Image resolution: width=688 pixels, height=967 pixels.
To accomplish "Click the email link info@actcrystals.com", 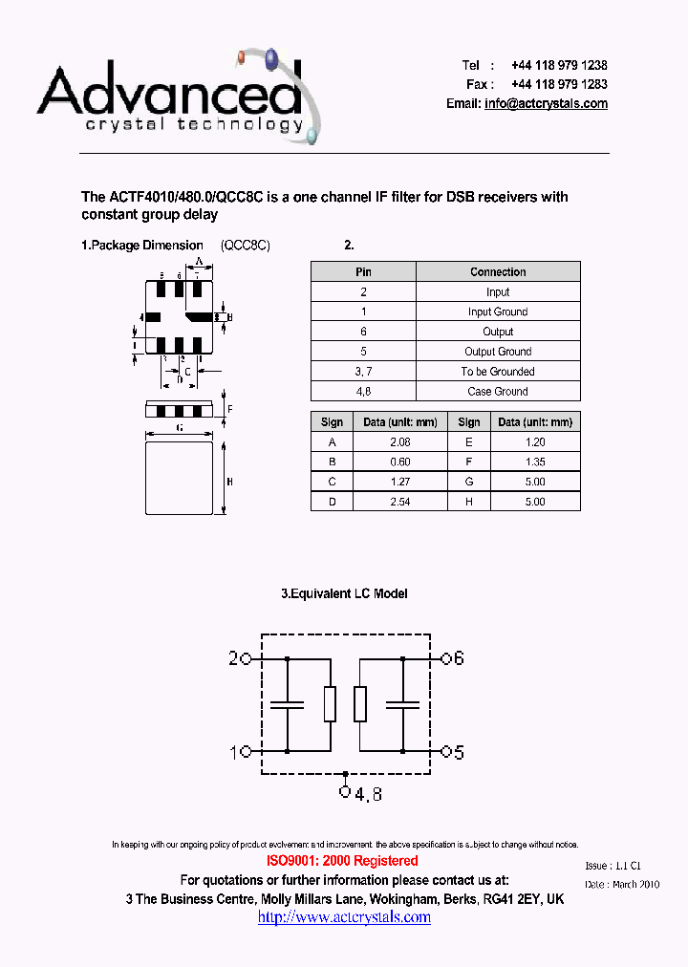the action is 546,103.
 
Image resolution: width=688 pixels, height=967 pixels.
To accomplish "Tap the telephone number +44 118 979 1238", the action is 559,65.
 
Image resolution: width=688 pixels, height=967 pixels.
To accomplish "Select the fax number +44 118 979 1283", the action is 559,84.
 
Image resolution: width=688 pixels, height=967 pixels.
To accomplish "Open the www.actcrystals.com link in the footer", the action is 344,917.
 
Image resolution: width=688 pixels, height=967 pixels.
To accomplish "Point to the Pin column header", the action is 363,272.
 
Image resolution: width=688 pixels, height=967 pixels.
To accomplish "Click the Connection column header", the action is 498,272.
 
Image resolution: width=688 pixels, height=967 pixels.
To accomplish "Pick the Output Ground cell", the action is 498,352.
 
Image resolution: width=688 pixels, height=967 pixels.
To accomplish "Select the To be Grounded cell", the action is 498,372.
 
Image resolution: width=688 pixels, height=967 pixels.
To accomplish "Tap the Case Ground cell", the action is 498,392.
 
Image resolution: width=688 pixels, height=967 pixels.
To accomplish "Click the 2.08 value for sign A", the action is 400,442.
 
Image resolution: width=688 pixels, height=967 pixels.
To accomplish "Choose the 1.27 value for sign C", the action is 400,482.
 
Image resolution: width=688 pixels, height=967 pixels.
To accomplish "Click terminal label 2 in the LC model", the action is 233,658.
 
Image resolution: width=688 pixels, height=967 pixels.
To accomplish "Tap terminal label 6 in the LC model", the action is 458,658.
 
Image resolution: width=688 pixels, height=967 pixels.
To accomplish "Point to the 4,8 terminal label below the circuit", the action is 368,794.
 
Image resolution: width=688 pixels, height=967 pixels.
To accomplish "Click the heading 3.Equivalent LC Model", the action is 344,593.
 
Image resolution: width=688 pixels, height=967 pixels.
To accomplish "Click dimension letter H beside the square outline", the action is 229,482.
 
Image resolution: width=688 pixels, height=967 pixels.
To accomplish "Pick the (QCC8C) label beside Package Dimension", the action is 246,246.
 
